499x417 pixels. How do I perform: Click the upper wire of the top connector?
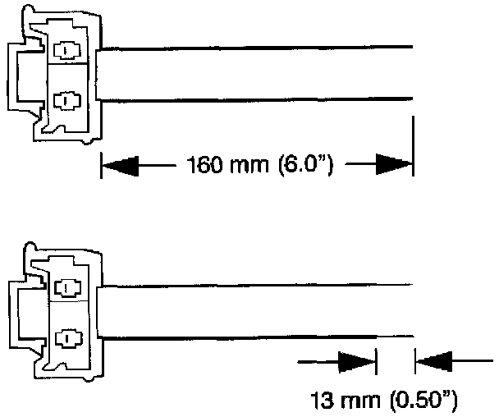(254, 47)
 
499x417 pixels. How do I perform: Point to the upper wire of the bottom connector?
(254, 285)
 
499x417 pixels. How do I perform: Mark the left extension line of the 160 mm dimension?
(100, 164)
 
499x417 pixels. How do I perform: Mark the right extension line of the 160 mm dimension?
(412, 148)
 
